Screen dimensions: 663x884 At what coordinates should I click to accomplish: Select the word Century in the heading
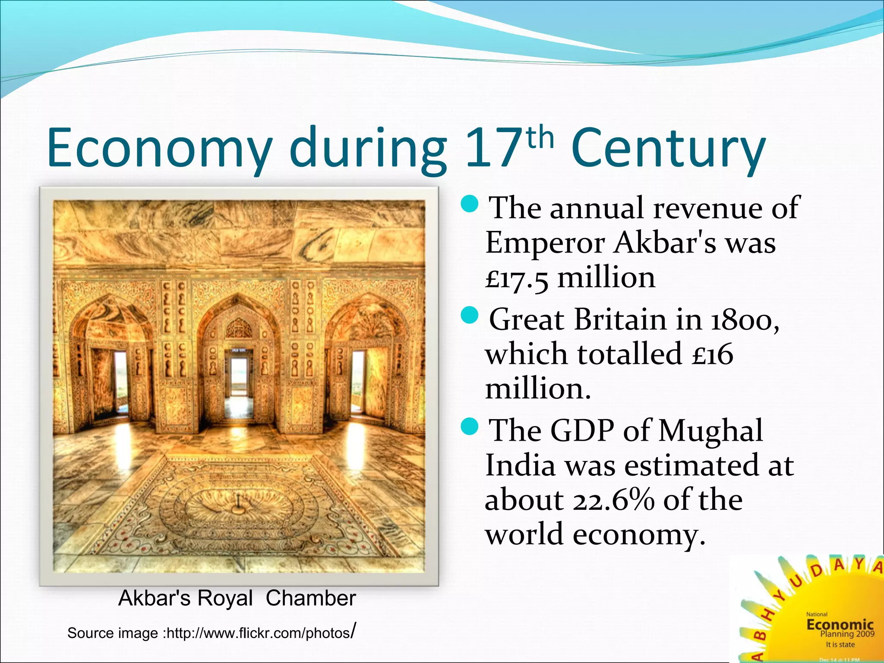(x=668, y=149)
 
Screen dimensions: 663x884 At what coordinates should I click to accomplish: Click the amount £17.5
(x=517, y=278)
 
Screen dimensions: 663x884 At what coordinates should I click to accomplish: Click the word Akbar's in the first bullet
(x=665, y=243)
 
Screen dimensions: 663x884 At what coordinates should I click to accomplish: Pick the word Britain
(x=620, y=320)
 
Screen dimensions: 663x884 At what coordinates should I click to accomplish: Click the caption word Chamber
(x=311, y=598)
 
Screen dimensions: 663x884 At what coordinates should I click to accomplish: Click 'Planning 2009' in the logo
(x=847, y=634)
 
